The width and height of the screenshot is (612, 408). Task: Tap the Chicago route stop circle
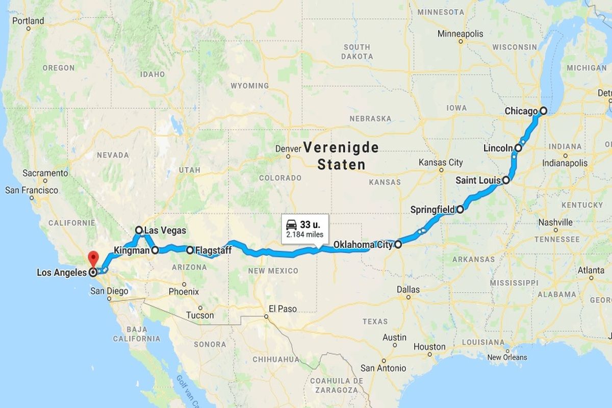point(544,110)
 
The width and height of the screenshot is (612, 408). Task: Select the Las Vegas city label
point(165,231)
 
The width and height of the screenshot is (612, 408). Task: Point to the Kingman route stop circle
point(155,250)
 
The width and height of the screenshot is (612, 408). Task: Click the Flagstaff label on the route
point(213,250)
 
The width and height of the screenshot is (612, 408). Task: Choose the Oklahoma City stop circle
point(398,244)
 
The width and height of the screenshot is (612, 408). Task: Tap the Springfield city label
point(432,209)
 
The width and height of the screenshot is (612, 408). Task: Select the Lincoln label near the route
point(498,148)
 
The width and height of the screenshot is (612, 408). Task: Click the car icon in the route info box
point(291,224)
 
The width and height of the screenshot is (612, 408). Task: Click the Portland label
point(28,21)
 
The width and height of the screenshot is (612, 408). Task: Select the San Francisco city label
point(32,190)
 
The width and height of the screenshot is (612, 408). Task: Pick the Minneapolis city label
point(460,34)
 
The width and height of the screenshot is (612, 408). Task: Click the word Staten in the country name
point(341,165)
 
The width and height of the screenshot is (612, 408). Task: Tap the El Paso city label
point(283,309)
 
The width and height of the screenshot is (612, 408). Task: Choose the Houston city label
point(429,347)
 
